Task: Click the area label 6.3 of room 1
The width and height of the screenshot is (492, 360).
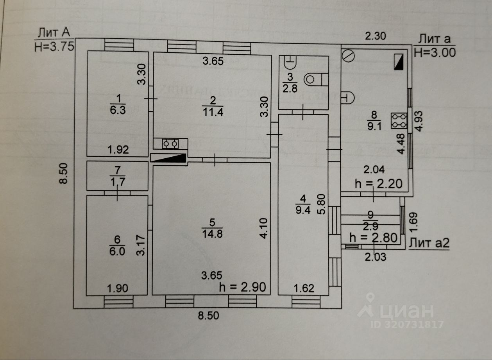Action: point(117,111)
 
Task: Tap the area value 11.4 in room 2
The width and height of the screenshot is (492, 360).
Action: point(213,113)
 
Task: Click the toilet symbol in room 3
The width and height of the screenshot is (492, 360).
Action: point(314,79)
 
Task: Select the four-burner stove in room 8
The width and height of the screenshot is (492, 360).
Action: point(399,121)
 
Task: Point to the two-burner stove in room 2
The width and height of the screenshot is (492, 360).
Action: point(170,144)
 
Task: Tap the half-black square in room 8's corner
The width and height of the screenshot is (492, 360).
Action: point(399,62)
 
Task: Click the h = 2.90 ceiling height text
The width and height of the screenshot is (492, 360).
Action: point(243,287)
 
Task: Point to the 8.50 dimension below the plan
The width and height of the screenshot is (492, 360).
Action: point(208,316)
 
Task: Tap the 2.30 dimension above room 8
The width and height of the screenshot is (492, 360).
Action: point(375,36)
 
